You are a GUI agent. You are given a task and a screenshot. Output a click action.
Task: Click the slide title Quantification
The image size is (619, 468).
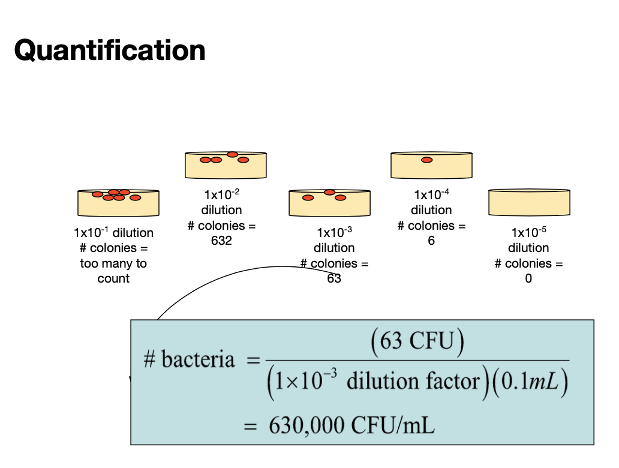pyautogui.click(x=110, y=50)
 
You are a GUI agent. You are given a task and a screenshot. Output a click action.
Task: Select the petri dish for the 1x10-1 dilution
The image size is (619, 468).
pyautogui.click(x=119, y=203)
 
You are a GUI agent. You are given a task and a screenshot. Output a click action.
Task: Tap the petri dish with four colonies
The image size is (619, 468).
pyautogui.click(x=226, y=165)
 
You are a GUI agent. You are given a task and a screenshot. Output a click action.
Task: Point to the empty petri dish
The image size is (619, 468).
pyautogui.click(x=529, y=203)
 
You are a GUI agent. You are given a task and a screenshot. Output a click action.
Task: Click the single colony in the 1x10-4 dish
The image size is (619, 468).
pyautogui.click(x=426, y=160)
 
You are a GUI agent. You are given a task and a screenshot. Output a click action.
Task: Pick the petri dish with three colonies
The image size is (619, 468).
pyautogui.click(x=329, y=203)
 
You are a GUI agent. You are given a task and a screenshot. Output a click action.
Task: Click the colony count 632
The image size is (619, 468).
pyautogui.click(x=221, y=241)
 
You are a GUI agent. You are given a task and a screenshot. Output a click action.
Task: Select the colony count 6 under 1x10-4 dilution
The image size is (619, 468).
pyautogui.click(x=431, y=241)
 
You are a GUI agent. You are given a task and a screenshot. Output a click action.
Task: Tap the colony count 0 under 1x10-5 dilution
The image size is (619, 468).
pyautogui.click(x=528, y=279)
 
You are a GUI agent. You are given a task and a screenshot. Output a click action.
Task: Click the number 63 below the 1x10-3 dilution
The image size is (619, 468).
pyautogui.click(x=334, y=279)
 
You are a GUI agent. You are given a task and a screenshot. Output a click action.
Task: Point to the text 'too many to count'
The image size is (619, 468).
pyautogui.click(x=113, y=271)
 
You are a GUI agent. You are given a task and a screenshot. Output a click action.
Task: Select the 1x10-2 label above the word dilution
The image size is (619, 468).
pyautogui.click(x=222, y=194)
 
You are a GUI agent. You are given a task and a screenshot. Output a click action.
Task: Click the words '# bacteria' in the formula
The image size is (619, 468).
pyautogui.click(x=189, y=359)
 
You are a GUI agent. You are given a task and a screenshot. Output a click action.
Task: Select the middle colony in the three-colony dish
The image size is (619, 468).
pyautogui.click(x=329, y=193)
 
